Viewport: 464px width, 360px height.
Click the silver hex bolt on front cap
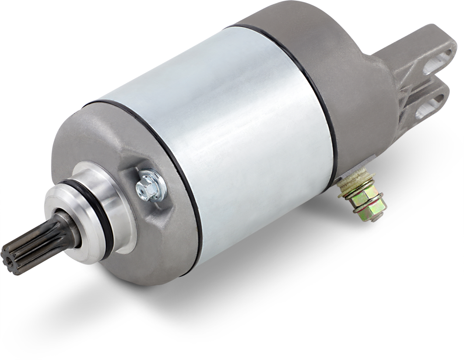point(148,187)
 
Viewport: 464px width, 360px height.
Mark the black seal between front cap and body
point(184,184)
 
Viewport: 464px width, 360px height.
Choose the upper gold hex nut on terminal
point(362,193)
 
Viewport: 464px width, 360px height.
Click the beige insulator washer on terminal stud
point(357,180)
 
